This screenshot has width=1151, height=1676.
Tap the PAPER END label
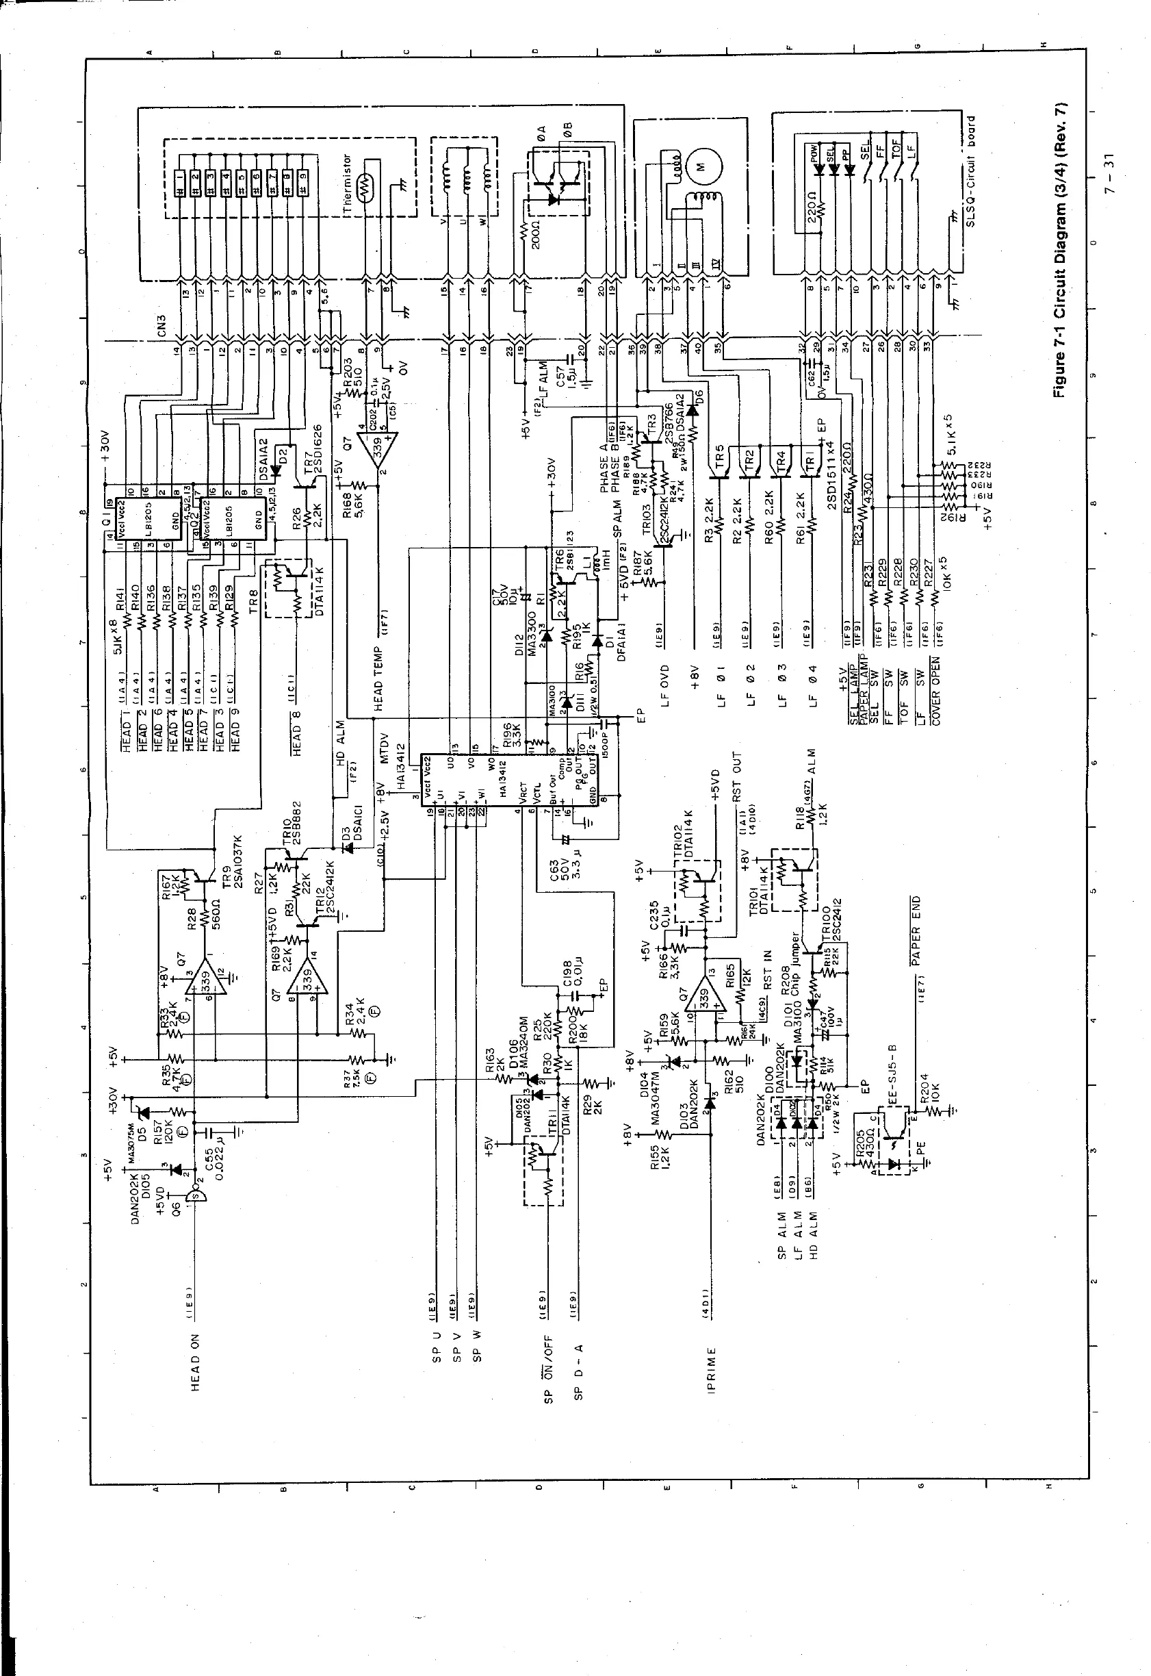pos(915,930)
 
